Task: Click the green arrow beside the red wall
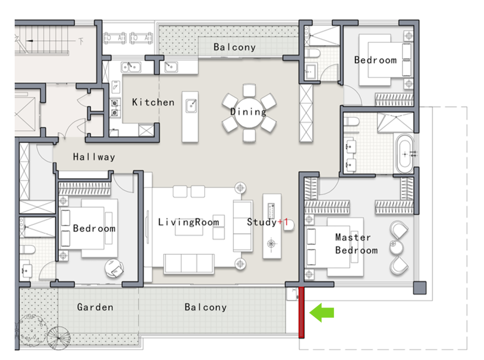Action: point(322,313)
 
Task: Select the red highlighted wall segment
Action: point(302,313)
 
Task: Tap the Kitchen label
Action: point(153,102)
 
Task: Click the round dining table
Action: point(249,113)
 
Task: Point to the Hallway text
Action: point(94,157)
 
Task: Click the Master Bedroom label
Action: point(357,244)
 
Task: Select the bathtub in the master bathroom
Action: point(405,154)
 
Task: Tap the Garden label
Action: point(95,307)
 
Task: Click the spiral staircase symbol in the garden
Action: point(59,338)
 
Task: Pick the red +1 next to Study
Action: point(283,222)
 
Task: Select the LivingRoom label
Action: point(188,222)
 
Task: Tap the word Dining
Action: point(248,111)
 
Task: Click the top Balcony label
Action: point(234,47)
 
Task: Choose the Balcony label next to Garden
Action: point(206,307)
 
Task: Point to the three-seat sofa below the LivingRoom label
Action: point(189,264)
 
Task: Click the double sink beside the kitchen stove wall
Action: point(131,67)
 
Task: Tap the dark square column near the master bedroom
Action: point(420,287)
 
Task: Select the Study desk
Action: point(272,226)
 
